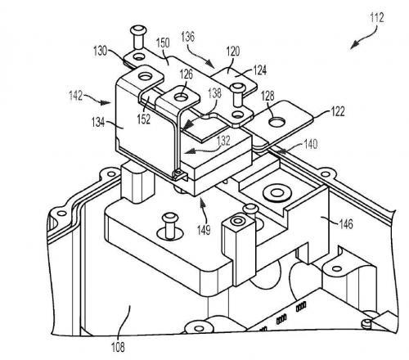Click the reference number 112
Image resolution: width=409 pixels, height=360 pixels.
click(x=377, y=18)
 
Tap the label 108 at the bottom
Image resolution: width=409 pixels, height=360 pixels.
click(x=118, y=347)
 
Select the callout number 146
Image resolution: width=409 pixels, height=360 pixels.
click(x=346, y=224)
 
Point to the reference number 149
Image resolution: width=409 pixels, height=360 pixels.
click(x=204, y=230)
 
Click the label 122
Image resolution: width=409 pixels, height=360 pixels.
click(x=338, y=111)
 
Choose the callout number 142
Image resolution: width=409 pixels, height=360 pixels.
click(x=75, y=96)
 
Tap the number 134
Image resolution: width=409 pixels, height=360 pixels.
click(x=98, y=123)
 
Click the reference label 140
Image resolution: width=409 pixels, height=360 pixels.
click(x=311, y=144)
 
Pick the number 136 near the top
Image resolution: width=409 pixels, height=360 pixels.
click(x=188, y=37)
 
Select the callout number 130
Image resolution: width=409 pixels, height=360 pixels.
click(x=100, y=51)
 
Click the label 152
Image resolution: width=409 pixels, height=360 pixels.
click(x=144, y=119)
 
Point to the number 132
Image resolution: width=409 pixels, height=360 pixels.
click(x=223, y=141)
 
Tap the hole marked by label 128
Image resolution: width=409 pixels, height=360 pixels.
click(x=276, y=122)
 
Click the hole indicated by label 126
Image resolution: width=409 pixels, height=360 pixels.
click(x=180, y=97)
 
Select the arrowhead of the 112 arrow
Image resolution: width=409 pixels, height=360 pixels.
click(x=354, y=45)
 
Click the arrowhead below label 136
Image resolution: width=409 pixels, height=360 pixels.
click(x=209, y=64)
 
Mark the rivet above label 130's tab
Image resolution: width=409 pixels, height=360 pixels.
click(x=139, y=38)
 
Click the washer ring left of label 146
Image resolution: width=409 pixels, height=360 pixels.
click(x=277, y=193)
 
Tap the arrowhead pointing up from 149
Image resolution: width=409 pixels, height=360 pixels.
click(x=202, y=204)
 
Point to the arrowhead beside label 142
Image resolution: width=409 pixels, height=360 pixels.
click(x=106, y=103)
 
